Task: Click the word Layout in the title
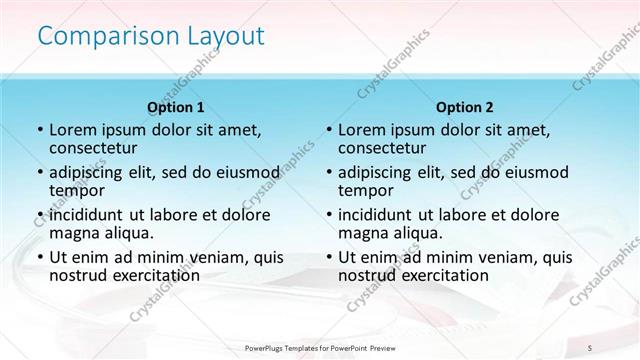point(229,37)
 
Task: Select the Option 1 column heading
point(176,107)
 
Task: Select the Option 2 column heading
point(465,107)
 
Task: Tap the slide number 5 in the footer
point(589,345)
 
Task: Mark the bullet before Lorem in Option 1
point(39,130)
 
